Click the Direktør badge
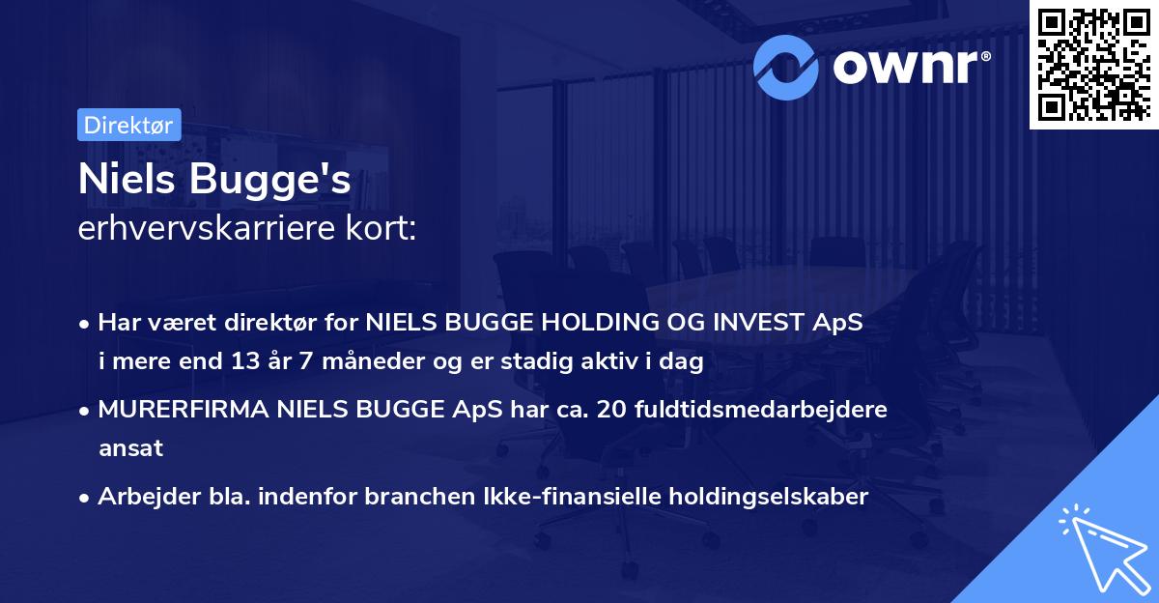pos(128,126)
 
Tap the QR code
pos(1093,64)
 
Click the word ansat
pos(130,448)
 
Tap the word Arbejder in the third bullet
pos(141,497)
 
